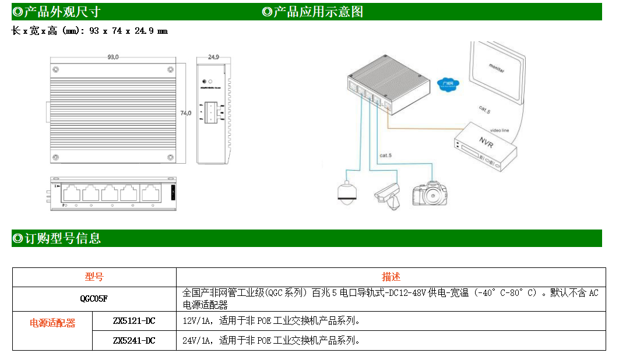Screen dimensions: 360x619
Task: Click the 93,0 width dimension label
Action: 113,57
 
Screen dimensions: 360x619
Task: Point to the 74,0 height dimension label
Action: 185,113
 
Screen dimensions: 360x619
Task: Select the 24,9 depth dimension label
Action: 213,57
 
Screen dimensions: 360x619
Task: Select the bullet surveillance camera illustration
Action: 388,194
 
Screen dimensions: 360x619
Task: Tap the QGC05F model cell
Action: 94,299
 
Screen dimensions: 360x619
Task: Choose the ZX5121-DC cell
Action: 134,321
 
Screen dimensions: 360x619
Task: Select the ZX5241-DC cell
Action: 134,340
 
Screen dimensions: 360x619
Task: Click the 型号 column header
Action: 94,277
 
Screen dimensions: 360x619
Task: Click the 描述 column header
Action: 391,277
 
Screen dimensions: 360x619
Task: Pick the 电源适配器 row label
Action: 52,323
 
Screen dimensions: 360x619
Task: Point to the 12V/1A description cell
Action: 271,321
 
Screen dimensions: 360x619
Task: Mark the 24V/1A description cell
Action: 271,340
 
